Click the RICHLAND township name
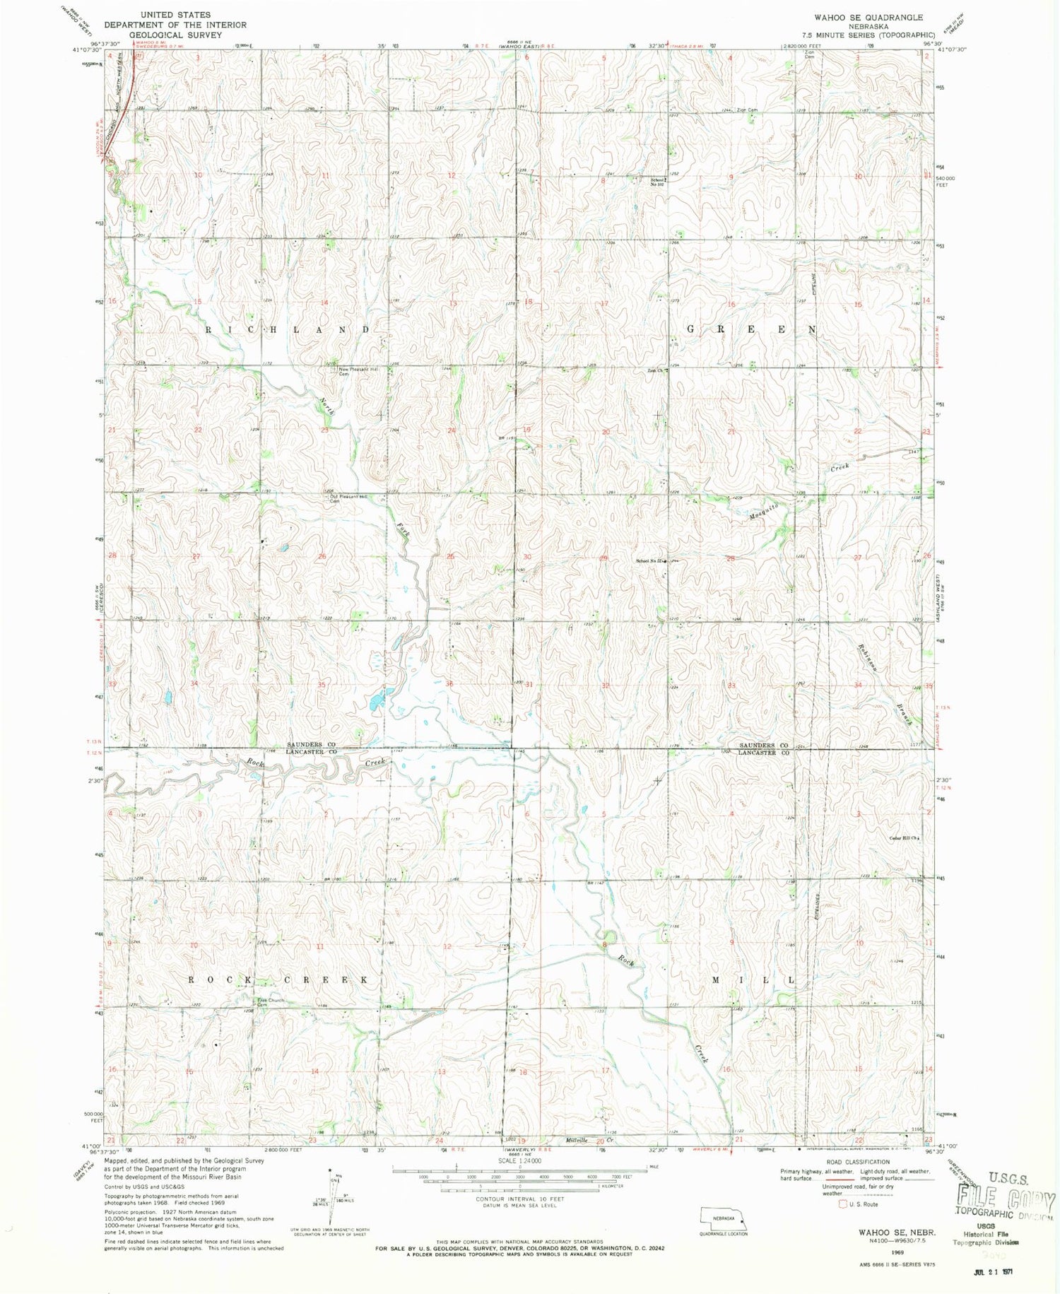tap(288, 330)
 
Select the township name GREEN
tap(753, 330)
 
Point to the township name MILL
tap(753, 980)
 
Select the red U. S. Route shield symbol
tap(842, 1204)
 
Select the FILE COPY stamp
tap(1006, 1199)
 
